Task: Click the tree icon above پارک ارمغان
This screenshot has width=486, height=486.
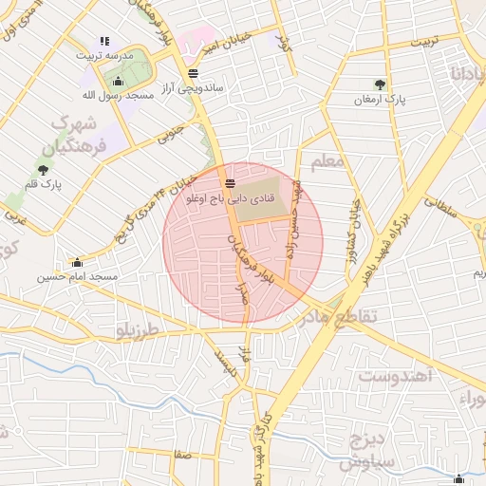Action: click(x=382, y=84)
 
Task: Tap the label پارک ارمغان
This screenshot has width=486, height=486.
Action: click(x=381, y=99)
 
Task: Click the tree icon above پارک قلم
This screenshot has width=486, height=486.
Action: click(x=43, y=170)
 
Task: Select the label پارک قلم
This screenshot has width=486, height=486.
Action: click(x=44, y=185)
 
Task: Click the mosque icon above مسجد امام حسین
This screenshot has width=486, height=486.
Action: click(x=77, y=262)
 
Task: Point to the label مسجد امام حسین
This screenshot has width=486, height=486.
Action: click(x=78, y=277)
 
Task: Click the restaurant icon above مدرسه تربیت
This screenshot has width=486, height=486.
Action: click(x=104, y=41)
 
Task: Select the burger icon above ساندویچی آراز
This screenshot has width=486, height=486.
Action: click(x=194, y=72)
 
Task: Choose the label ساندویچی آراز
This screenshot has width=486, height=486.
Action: click(x=192, y=87)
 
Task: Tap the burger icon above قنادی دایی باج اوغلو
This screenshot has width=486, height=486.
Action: click(x=230, y=182)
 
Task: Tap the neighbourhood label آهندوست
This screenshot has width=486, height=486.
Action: click(x=397, y=377)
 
